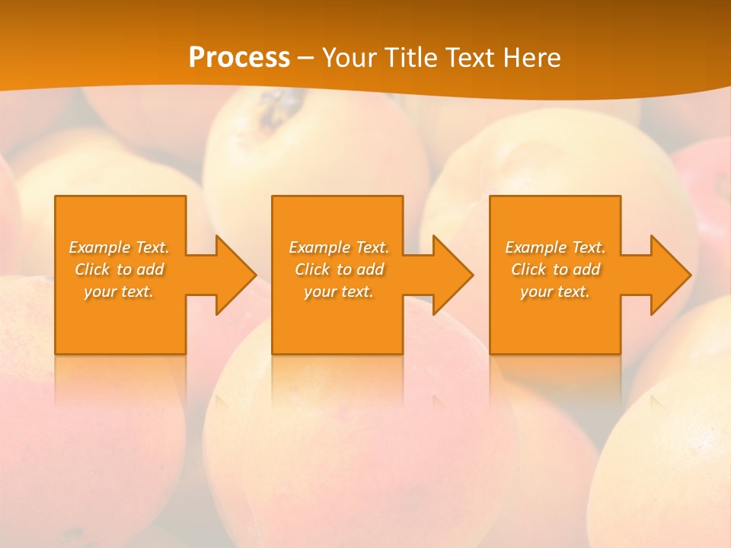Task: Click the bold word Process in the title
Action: coord(239,58)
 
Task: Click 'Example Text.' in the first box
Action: coord(120,247)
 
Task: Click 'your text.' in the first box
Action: coord(120,292)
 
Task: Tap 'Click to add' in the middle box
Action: coord(339,269)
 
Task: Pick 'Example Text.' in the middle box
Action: coord(339,247)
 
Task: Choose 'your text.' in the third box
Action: coord(555,292)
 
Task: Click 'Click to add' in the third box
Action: coord(555,269)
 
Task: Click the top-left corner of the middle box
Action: coord(273,196)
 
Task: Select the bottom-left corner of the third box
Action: coord(490,353)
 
